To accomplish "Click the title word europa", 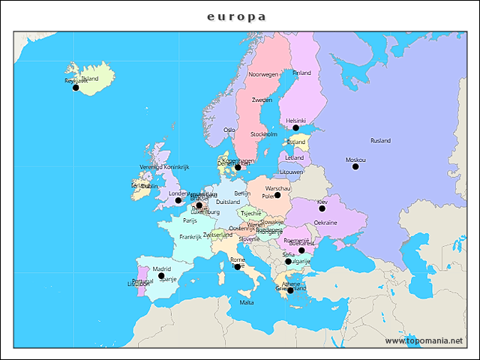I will pyautogui.click(x=236, y=16).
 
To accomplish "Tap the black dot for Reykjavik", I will pyautogui.click(x=75, y=88).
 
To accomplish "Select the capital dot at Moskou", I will pyautogui.click(x=355, y=166).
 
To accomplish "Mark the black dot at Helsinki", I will pyautogui.click(x=295, y=127).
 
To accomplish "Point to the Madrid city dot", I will pyautogui.click(x=160, y=276).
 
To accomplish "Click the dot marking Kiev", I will pyautogui.click(x=322, y=208).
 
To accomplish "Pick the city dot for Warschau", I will pyautogui.click(x=277, y=195).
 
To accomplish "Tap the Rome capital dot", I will pyautogui.click(x=238, y=266).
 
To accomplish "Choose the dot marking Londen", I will pyautogui.click(x=178, y=200).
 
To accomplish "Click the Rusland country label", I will pyautogui.click(x=380, y=140).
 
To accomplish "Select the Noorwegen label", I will pyautogui.click(x=263, y=75).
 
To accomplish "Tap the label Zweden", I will pyautogui.click(x=262, y=100).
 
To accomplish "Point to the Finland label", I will pyautogui.click(x=301, y=73).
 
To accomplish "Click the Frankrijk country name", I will pyautogui.click(x=190, y=236).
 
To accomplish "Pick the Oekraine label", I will pyautogui.click(x=325, y=223).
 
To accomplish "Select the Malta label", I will pyautogui.click(x=246, y=302).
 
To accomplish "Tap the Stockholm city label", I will pyautogui.click(x=263, y=134).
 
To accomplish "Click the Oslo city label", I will pyautogui.click(x=229, y=130).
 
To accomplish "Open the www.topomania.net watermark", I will pyautogui.click(x=424, y=340).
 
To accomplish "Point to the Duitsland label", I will pyautogui.click(x=228, y=202).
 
